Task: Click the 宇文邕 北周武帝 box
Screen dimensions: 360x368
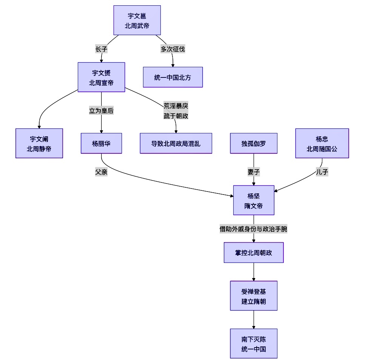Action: (137, 20)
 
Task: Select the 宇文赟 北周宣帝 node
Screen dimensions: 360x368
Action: (101, 77)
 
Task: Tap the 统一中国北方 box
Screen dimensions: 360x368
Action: (173, 77)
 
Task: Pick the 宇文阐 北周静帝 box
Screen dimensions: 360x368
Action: (39, 143)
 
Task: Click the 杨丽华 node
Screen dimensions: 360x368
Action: (101, 143)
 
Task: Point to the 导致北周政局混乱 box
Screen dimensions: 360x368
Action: (176, 143)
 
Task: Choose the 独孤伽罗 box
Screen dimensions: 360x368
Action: (254, 143)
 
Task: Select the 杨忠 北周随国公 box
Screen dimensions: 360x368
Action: (322, 143)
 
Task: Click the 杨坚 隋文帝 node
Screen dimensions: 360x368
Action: (254, 200)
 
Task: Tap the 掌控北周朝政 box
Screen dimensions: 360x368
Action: (254, 252)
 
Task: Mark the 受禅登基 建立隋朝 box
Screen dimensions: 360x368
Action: (254, 296)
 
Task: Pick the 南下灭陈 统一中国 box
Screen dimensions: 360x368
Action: (254, 343)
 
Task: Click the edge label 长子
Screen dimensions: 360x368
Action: (102, 49)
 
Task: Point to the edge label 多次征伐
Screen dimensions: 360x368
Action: (173, 49)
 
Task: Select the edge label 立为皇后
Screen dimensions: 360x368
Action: (101, 111)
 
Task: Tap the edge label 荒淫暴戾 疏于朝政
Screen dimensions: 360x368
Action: (176, 111)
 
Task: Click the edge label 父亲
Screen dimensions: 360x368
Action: (101, 172)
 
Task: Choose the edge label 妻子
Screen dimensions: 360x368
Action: (254, 172)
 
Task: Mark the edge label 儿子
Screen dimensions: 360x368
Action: (322, 172)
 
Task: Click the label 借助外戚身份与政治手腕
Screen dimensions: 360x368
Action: (254, 229)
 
